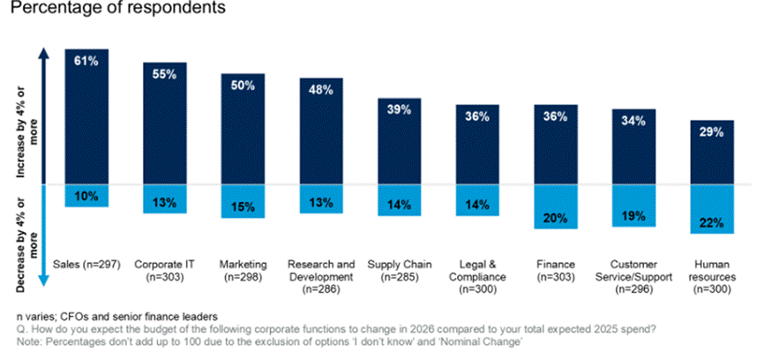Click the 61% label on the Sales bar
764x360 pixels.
[x=86, y=61]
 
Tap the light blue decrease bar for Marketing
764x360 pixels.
[x=243, y=202]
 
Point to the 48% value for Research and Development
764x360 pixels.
[x=321, y=90]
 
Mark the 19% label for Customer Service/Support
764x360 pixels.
[x=634, y=215]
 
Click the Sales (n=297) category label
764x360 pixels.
[x=86, y=264]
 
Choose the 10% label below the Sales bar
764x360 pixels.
[x=86, y=195]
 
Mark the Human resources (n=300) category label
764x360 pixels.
[x=713, y=275]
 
